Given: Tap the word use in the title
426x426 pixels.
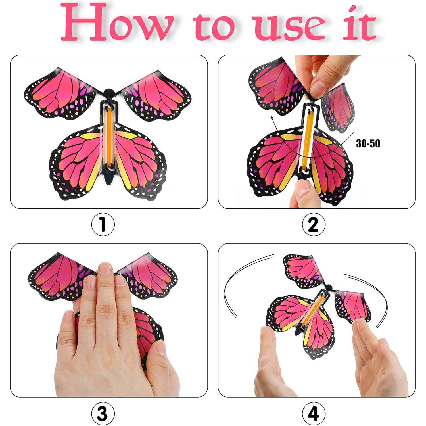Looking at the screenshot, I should tap(290, 27).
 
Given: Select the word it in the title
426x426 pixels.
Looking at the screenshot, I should tap(359, 24).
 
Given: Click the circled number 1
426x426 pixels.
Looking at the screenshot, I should tap(103, 224).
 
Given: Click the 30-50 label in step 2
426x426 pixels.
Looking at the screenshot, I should tap(368, 143).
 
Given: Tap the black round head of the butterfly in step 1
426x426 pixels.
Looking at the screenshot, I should tap(108, 93).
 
